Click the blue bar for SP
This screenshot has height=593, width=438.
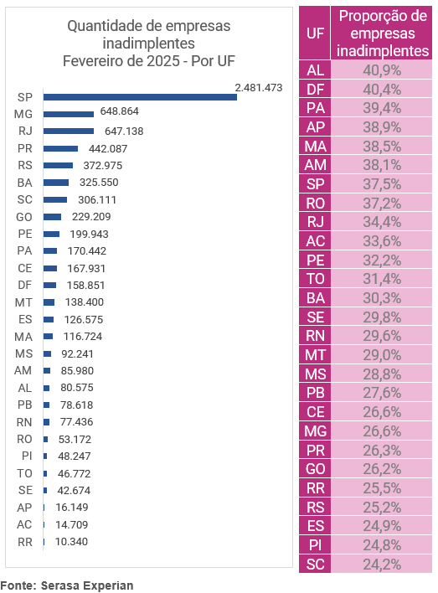140,97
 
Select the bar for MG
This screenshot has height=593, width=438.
69,114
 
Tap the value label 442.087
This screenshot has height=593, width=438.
108,148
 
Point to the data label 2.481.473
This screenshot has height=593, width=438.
259,88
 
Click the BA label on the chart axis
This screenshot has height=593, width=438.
24,183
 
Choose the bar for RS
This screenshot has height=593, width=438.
58,165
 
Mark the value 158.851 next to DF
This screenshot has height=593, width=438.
85,285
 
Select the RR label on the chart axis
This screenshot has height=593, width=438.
25,542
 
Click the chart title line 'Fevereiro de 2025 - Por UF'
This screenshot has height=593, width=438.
149,61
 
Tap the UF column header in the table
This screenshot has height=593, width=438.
315,34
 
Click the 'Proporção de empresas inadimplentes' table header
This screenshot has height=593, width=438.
383,34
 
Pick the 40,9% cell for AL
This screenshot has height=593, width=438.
382,70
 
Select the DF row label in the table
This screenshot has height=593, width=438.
315,90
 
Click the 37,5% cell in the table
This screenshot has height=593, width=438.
382,184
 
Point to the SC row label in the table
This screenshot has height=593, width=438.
315,565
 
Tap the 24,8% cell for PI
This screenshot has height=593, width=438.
382,545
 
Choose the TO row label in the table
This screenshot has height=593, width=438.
315,279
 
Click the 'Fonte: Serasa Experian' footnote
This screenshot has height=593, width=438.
66,585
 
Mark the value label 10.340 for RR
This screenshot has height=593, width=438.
71,542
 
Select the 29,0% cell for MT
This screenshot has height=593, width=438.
382,355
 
